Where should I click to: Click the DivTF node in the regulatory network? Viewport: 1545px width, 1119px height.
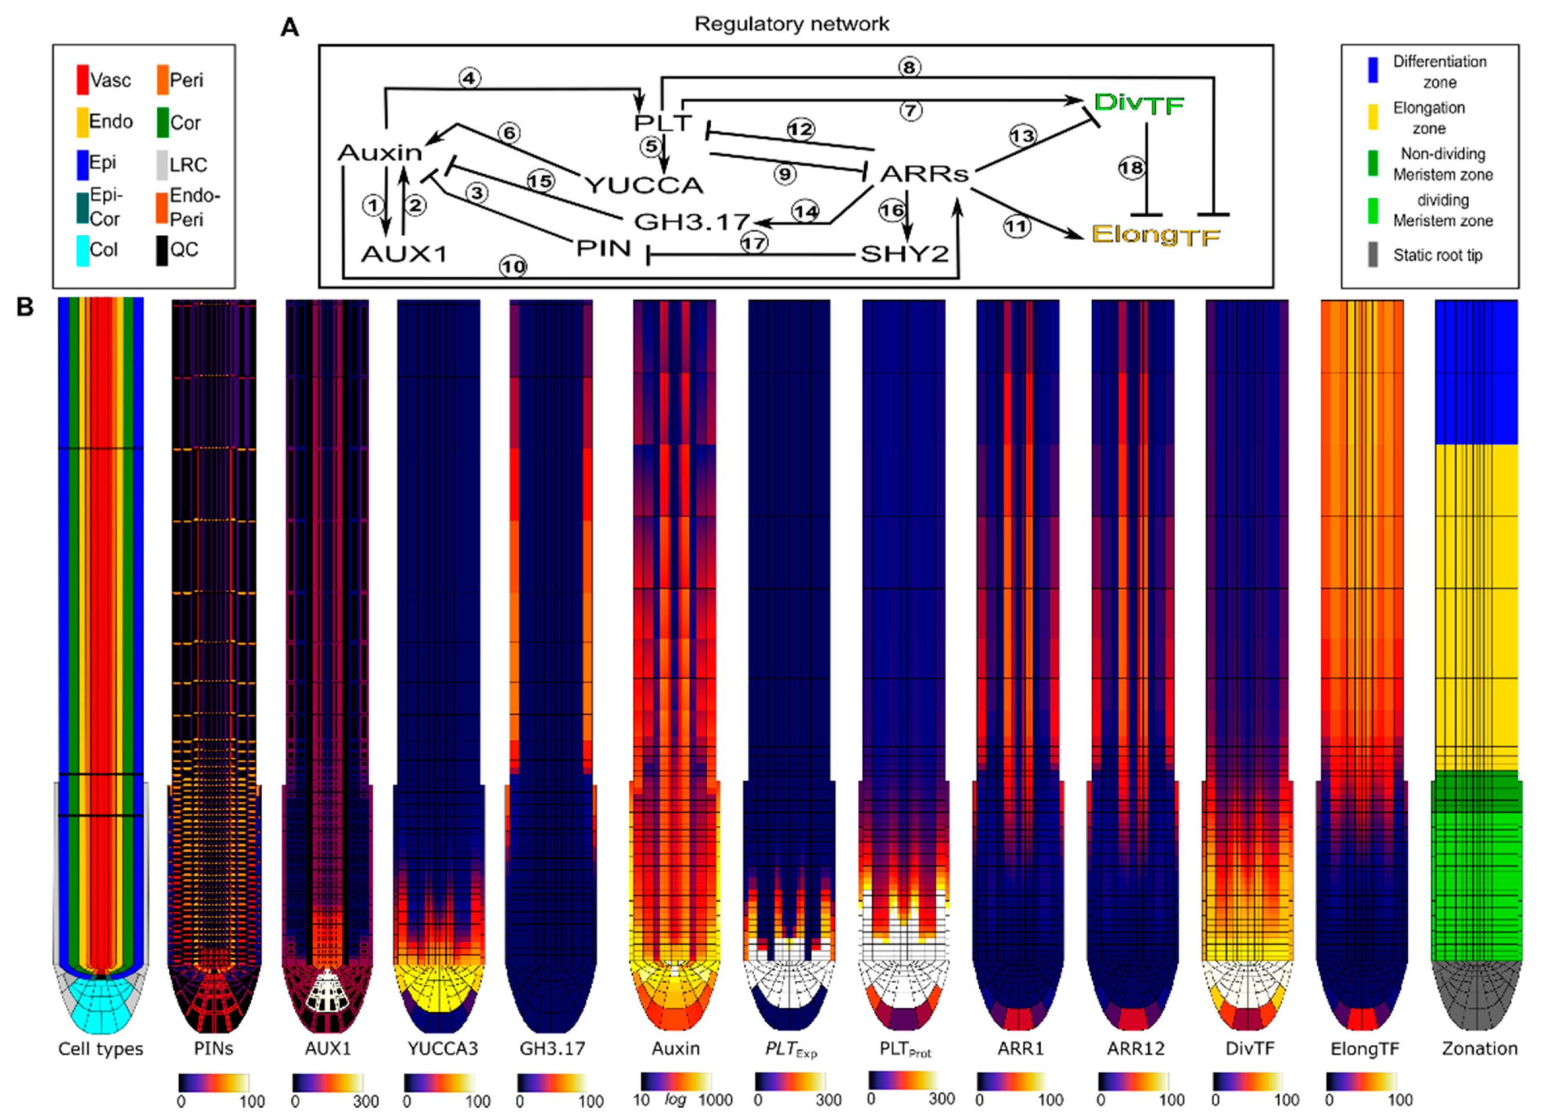[1138, 104]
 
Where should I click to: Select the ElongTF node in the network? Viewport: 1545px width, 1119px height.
[1155, 235]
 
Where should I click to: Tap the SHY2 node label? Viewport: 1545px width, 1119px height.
[904, 254]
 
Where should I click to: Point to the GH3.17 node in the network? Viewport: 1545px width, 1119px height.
[691, 221]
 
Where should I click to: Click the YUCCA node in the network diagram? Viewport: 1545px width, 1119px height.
[644, 185]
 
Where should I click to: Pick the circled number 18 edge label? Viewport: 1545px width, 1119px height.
[1132, 168]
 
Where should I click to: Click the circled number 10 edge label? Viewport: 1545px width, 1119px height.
[513, 266]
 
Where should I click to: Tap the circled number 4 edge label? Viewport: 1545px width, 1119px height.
[469, 78]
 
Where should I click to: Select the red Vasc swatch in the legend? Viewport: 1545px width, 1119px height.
[82, 79]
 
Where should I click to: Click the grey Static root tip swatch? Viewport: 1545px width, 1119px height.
[1372, 255]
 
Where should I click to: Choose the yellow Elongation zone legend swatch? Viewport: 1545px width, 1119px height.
[1372, 117]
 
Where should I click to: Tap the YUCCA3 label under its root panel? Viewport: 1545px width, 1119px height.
[443, 1049]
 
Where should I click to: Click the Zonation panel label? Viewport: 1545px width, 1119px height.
[1480, 1049]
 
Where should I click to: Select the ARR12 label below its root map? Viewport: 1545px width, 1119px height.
[1135, 1049]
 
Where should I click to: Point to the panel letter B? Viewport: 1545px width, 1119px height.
[25, 307]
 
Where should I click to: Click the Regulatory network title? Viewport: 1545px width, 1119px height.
[791, 24]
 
